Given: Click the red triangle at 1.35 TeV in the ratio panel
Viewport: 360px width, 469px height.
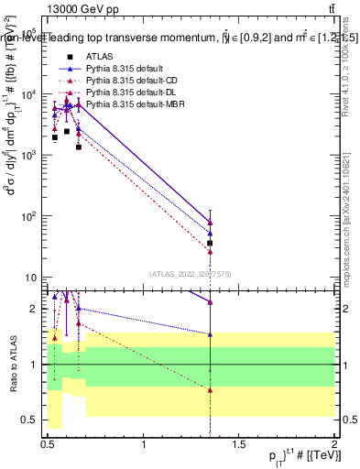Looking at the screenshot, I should (211, 389).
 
